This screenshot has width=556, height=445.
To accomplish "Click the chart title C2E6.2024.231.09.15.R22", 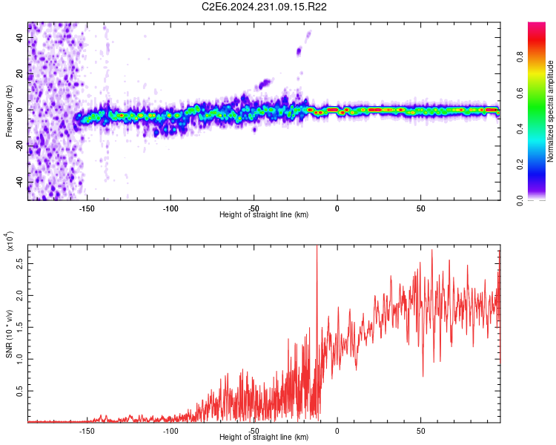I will tap(275, 7).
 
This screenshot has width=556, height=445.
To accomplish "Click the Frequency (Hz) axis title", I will tap(9, 110).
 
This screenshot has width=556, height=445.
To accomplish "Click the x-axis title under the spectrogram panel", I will tap(264, 215).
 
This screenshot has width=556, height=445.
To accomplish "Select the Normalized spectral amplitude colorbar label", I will tap(551, 111).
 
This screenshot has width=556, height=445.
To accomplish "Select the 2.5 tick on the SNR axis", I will tap(19, 263).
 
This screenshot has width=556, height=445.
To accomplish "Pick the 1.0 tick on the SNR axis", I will tap(19, 358).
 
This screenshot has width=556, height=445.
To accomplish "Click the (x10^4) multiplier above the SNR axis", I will tap(10, 242).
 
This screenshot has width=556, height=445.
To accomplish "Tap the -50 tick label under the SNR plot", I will tap(254, 430).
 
